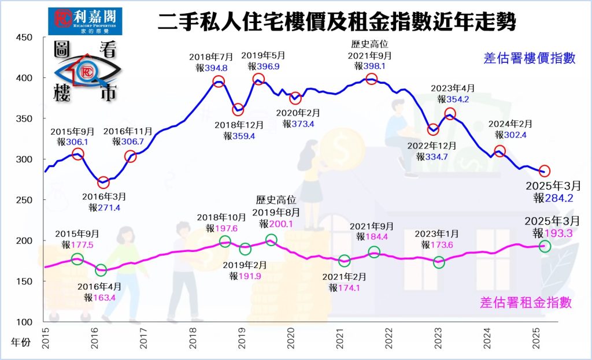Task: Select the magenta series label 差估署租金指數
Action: coord(526,302)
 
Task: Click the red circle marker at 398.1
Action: coord(372,79)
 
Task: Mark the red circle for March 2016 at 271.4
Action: coord(103,183)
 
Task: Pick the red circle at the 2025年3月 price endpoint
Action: coord(545,171)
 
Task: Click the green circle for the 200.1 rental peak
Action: coord(271,239)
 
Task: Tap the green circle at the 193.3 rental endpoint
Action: coord(545,246)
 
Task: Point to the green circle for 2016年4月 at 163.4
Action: coord(101,269)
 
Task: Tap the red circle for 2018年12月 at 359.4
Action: coord(238,110)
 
